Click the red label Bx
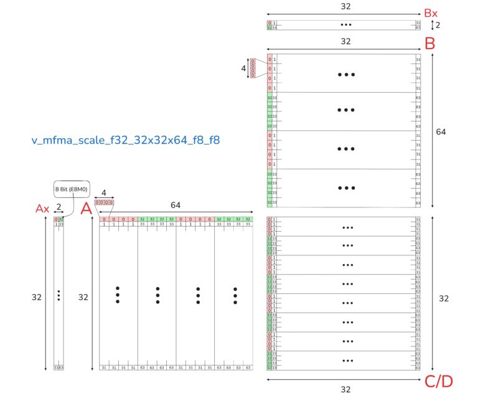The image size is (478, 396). pos(431,12)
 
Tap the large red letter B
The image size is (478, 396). pos(429,44)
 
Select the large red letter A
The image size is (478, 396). pos(87,210)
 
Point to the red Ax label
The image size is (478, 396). pos(42,210)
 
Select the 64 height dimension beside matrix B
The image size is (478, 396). pos(441,132)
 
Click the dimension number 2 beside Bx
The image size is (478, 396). pos(438,26)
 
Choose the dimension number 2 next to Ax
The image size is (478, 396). pos(59,206)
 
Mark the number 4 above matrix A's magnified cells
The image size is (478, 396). pos(104,192)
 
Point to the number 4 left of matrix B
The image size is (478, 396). pos(243,68)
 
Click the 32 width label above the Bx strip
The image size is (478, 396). pos(345,6)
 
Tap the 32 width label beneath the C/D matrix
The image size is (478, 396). pos(345,389)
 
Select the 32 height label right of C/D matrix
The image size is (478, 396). pos(444,298)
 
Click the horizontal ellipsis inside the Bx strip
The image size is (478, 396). pos(345,26)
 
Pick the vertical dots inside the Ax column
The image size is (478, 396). pos(59,295)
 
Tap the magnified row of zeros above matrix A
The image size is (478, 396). pos(103,202)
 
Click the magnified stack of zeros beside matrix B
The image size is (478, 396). pos(253,68)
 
